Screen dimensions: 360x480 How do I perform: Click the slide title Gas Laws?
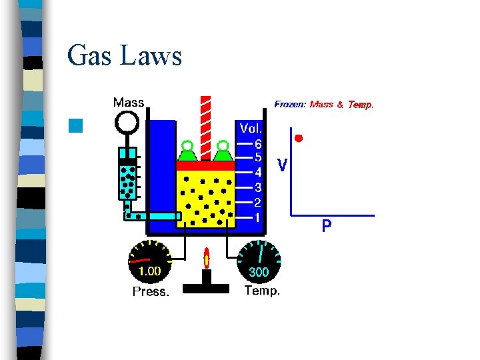click(x=125, y=56)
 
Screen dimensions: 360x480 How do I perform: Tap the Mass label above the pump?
click(x=128, y=103)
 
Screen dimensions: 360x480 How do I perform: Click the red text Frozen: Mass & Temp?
click(x=324, y=104)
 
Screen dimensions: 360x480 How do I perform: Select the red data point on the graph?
click(x=299, y=138)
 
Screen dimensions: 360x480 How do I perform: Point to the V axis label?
click(x=283, y=164)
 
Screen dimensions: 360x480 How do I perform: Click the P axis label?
click(x=326, y=227)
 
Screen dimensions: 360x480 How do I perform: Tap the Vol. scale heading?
click(x=251, y=127)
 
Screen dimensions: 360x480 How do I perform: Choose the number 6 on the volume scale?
click(x=258, y=143)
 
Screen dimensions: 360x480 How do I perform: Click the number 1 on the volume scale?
click(x=257, y=217)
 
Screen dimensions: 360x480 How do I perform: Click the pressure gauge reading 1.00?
click(x=149, y=271)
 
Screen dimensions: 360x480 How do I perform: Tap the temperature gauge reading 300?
click(x=259, y=271)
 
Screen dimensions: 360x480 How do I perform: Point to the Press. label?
click(x=151, y=291)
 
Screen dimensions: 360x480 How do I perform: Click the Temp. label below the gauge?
click(x=262, y=291)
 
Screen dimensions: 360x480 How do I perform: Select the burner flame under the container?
click(x=207, y=258)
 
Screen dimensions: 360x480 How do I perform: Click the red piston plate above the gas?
click(x=205, y=165)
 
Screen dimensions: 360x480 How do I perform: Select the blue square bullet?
click(x=75, y=125)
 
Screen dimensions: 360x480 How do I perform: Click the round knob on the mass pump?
click(x=127, y=122)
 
